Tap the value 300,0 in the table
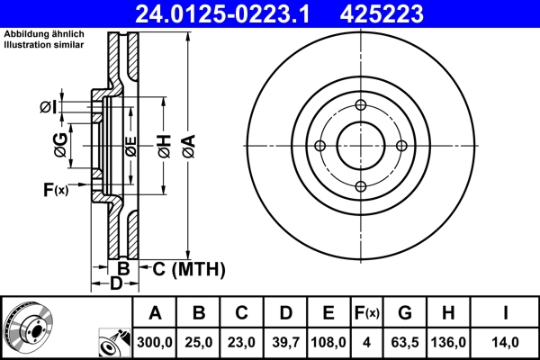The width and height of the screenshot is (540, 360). point(155,342)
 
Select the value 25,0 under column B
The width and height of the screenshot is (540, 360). point(199,342)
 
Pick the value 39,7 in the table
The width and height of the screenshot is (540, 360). point(285,342)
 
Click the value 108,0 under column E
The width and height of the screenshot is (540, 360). point(328,342)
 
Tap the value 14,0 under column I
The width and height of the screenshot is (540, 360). point(506,342)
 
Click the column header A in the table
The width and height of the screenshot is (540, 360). point(155,313)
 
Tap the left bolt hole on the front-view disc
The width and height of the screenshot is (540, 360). point(319,146)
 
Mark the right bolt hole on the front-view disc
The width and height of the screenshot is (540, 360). point(400,146)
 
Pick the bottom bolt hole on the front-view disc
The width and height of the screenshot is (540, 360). point(360,186)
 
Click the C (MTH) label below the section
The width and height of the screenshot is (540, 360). point(187,269)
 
